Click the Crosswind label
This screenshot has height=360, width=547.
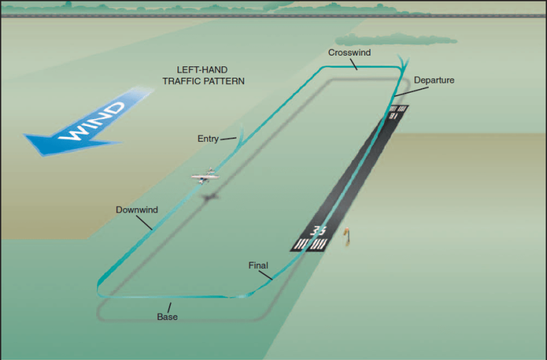click(x=349, y=53)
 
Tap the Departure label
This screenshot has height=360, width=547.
click(x=434, y=80)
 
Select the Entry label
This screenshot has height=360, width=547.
click(x=208, y=139)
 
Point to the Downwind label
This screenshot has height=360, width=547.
click(x=137, y=210)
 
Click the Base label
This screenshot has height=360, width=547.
click(x=167, y=317)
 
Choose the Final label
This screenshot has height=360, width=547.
click(x=258, y=266)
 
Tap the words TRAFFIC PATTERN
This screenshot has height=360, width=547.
click(x=203, y=81)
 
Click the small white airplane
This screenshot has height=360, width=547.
click(x=205, y=175)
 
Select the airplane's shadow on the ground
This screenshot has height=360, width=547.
click(x=210, y=197)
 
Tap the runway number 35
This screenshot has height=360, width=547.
click(x=318, y=230)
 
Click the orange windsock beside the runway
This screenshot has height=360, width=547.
click(x=348, y=235)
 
